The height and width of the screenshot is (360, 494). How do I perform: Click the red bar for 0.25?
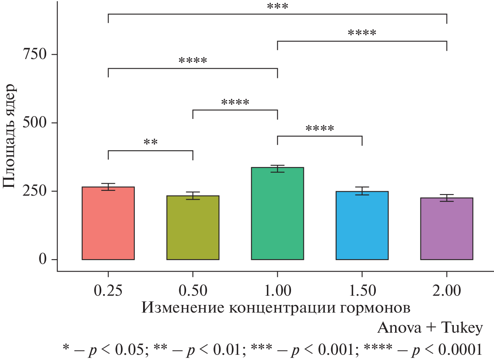(x=108, y=223)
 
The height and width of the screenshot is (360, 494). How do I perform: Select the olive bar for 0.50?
(x=193, y=227)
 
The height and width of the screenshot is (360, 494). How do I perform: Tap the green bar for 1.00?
(x=277, y=213)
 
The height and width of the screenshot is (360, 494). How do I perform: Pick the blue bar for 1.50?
(x=362, y=225)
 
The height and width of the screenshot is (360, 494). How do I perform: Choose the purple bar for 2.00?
(x=447, y=229)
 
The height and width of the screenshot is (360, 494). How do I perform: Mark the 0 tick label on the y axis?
(x=43, y=260)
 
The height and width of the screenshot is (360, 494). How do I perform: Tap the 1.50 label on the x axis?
(x=362, y=290)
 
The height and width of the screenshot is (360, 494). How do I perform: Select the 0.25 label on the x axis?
(x=108, y=290)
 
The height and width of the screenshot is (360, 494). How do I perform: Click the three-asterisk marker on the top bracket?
(x=277, y=7)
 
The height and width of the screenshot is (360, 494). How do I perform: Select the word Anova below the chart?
(x=397, y=328)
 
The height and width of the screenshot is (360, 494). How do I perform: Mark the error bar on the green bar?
(x=277, y=168)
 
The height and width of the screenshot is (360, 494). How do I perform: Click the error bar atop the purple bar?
(x=447, y=198)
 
